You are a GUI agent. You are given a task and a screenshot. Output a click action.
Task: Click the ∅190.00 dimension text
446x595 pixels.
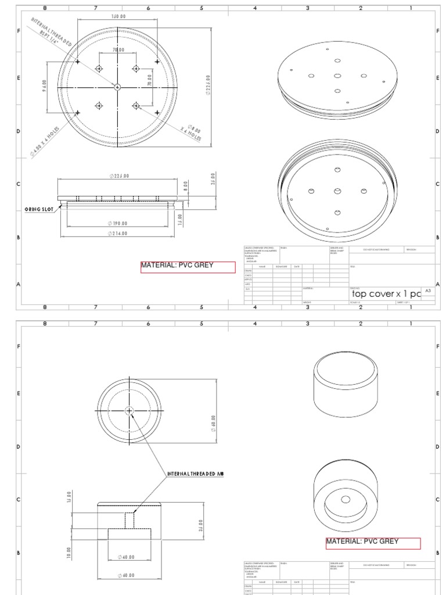[118, 223]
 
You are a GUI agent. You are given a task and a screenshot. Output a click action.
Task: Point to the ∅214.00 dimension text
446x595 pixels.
[118, 234]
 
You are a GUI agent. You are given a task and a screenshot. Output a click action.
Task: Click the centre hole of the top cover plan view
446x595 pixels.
[117, 87]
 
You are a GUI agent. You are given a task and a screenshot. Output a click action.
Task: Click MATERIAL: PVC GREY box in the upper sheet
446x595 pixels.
[188, 267]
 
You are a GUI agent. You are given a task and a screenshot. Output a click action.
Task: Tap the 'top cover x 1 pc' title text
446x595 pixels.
[385, 293]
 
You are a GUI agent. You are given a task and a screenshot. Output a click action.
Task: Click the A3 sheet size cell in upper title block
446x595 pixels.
[428, 290]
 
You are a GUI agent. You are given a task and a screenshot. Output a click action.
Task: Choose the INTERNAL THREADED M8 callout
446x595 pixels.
[195, 474]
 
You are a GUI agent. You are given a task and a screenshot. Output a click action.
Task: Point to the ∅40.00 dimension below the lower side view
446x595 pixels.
[126, 557]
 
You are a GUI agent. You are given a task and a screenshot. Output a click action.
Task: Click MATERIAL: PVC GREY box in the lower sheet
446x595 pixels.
[372, 543]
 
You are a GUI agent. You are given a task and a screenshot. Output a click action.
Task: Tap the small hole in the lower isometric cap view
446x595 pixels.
[346, 499]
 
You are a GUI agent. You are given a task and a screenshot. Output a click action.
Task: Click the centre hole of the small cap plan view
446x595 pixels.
[129, 410]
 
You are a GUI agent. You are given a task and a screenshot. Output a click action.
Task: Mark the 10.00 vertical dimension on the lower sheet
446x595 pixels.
[69, 550]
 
